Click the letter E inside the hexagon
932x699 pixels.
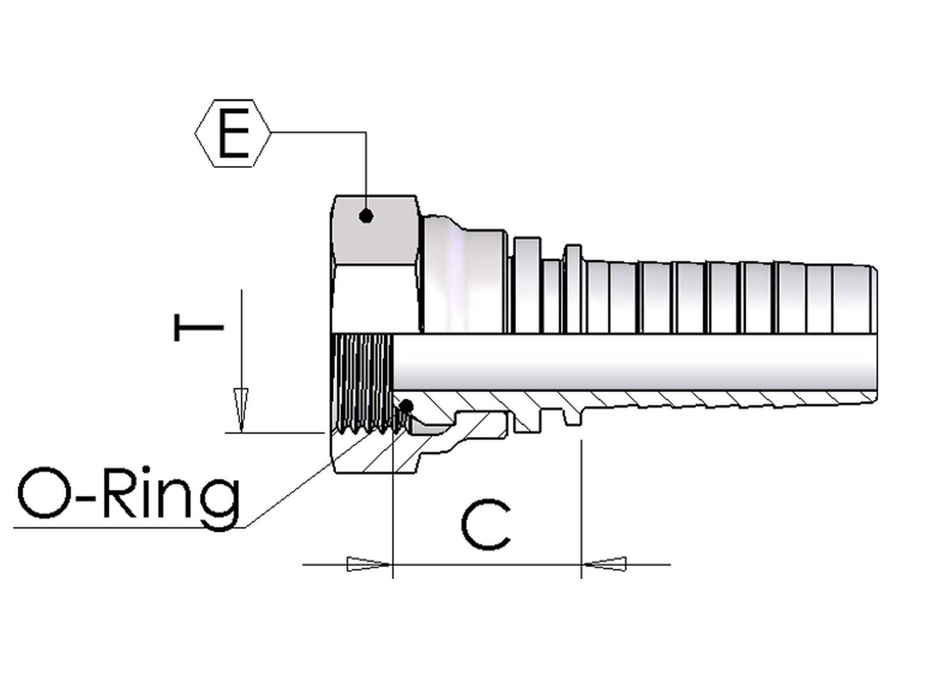tap(233, 133)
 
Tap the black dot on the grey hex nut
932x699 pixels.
tap(366, 216)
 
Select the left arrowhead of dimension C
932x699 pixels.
tap(368, 564)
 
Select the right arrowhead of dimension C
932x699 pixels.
tap(606, 564)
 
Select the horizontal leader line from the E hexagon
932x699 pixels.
tap(317, 133)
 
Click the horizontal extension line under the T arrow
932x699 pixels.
tap(274, 433)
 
